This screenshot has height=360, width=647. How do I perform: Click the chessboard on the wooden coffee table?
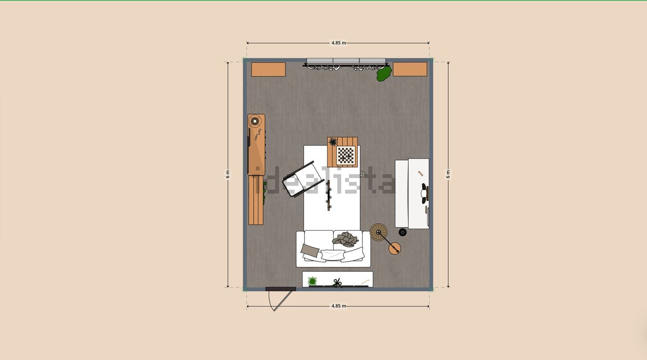[346, 155]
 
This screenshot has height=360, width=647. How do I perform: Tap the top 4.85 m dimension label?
[339, 43]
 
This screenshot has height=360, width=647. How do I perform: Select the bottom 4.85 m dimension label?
[339, 306]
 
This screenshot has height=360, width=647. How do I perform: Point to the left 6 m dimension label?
[228, 174]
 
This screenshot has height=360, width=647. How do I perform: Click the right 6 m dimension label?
[448, 174]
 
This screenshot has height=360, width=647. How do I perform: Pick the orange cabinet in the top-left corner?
[268, 69]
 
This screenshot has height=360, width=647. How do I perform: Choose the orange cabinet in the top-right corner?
[410, 69]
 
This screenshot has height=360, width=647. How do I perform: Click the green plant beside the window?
[384, 74]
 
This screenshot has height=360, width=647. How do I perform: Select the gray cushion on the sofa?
[310, 250]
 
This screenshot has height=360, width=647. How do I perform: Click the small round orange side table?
[395, 248]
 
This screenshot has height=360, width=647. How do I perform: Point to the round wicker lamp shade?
[378, 232]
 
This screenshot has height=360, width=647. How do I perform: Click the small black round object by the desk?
[402, 232]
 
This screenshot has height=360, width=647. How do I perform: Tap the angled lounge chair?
[303, 179]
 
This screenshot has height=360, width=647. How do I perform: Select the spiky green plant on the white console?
[312, 281]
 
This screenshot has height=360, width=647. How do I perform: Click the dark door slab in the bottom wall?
[281, 289]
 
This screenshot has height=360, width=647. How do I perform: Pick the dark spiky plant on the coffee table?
[333, 142]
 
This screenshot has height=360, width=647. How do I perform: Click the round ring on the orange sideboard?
[255, 121]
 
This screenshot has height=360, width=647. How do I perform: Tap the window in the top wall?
[346, 61]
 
